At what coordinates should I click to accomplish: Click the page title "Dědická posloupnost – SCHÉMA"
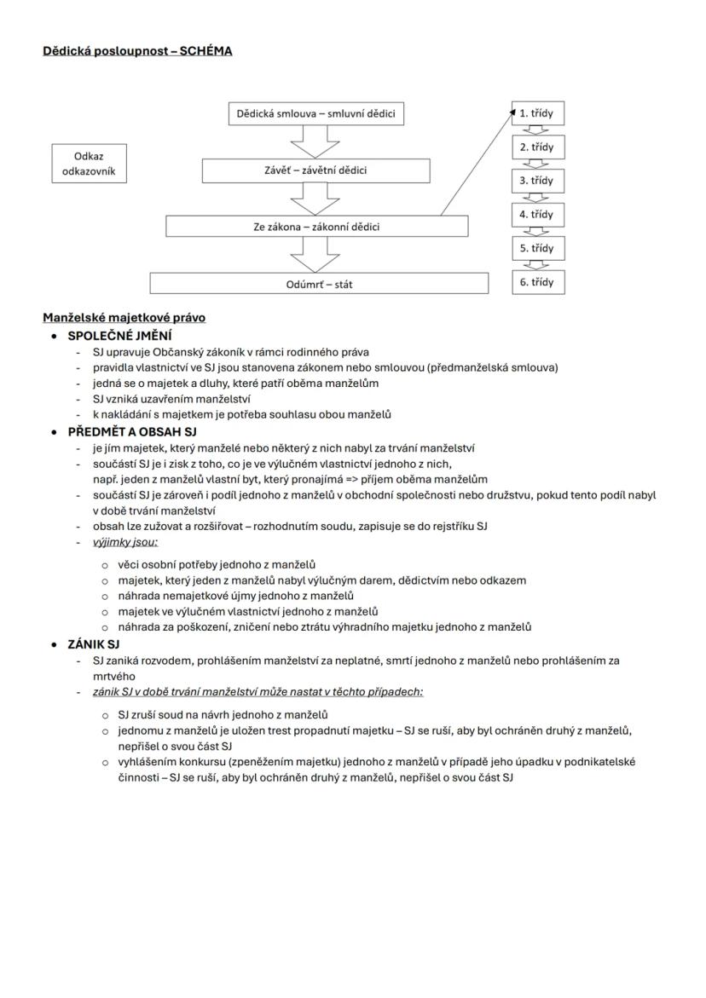[x=137, y=51]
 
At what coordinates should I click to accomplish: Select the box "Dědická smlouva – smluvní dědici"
[x=316, y=114]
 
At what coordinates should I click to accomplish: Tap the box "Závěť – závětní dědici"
[x=315, y=170]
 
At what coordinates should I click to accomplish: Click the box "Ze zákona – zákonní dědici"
[x=316, y=227]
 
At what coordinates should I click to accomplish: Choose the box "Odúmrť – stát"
[x=319, y=284]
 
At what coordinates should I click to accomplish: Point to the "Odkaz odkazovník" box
[x=89, y=164]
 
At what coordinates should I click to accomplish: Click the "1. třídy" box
[x=537, y=113]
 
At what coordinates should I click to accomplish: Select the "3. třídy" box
[x=537, y=181]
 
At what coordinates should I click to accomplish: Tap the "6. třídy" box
[x=537, y=282]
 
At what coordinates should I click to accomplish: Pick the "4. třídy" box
[x=537, y=215]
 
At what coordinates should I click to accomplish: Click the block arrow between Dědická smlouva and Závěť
[x=315, y=142]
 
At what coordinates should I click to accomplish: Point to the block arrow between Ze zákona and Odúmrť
[x=315, y=255]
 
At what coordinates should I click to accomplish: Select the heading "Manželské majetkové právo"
[x=124, y=318]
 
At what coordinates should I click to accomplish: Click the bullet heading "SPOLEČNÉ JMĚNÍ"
[x=119, y=335]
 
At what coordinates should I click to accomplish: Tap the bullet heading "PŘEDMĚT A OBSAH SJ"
[x=132, y=431]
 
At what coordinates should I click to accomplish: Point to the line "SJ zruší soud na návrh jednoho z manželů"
[x=223, y=715]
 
